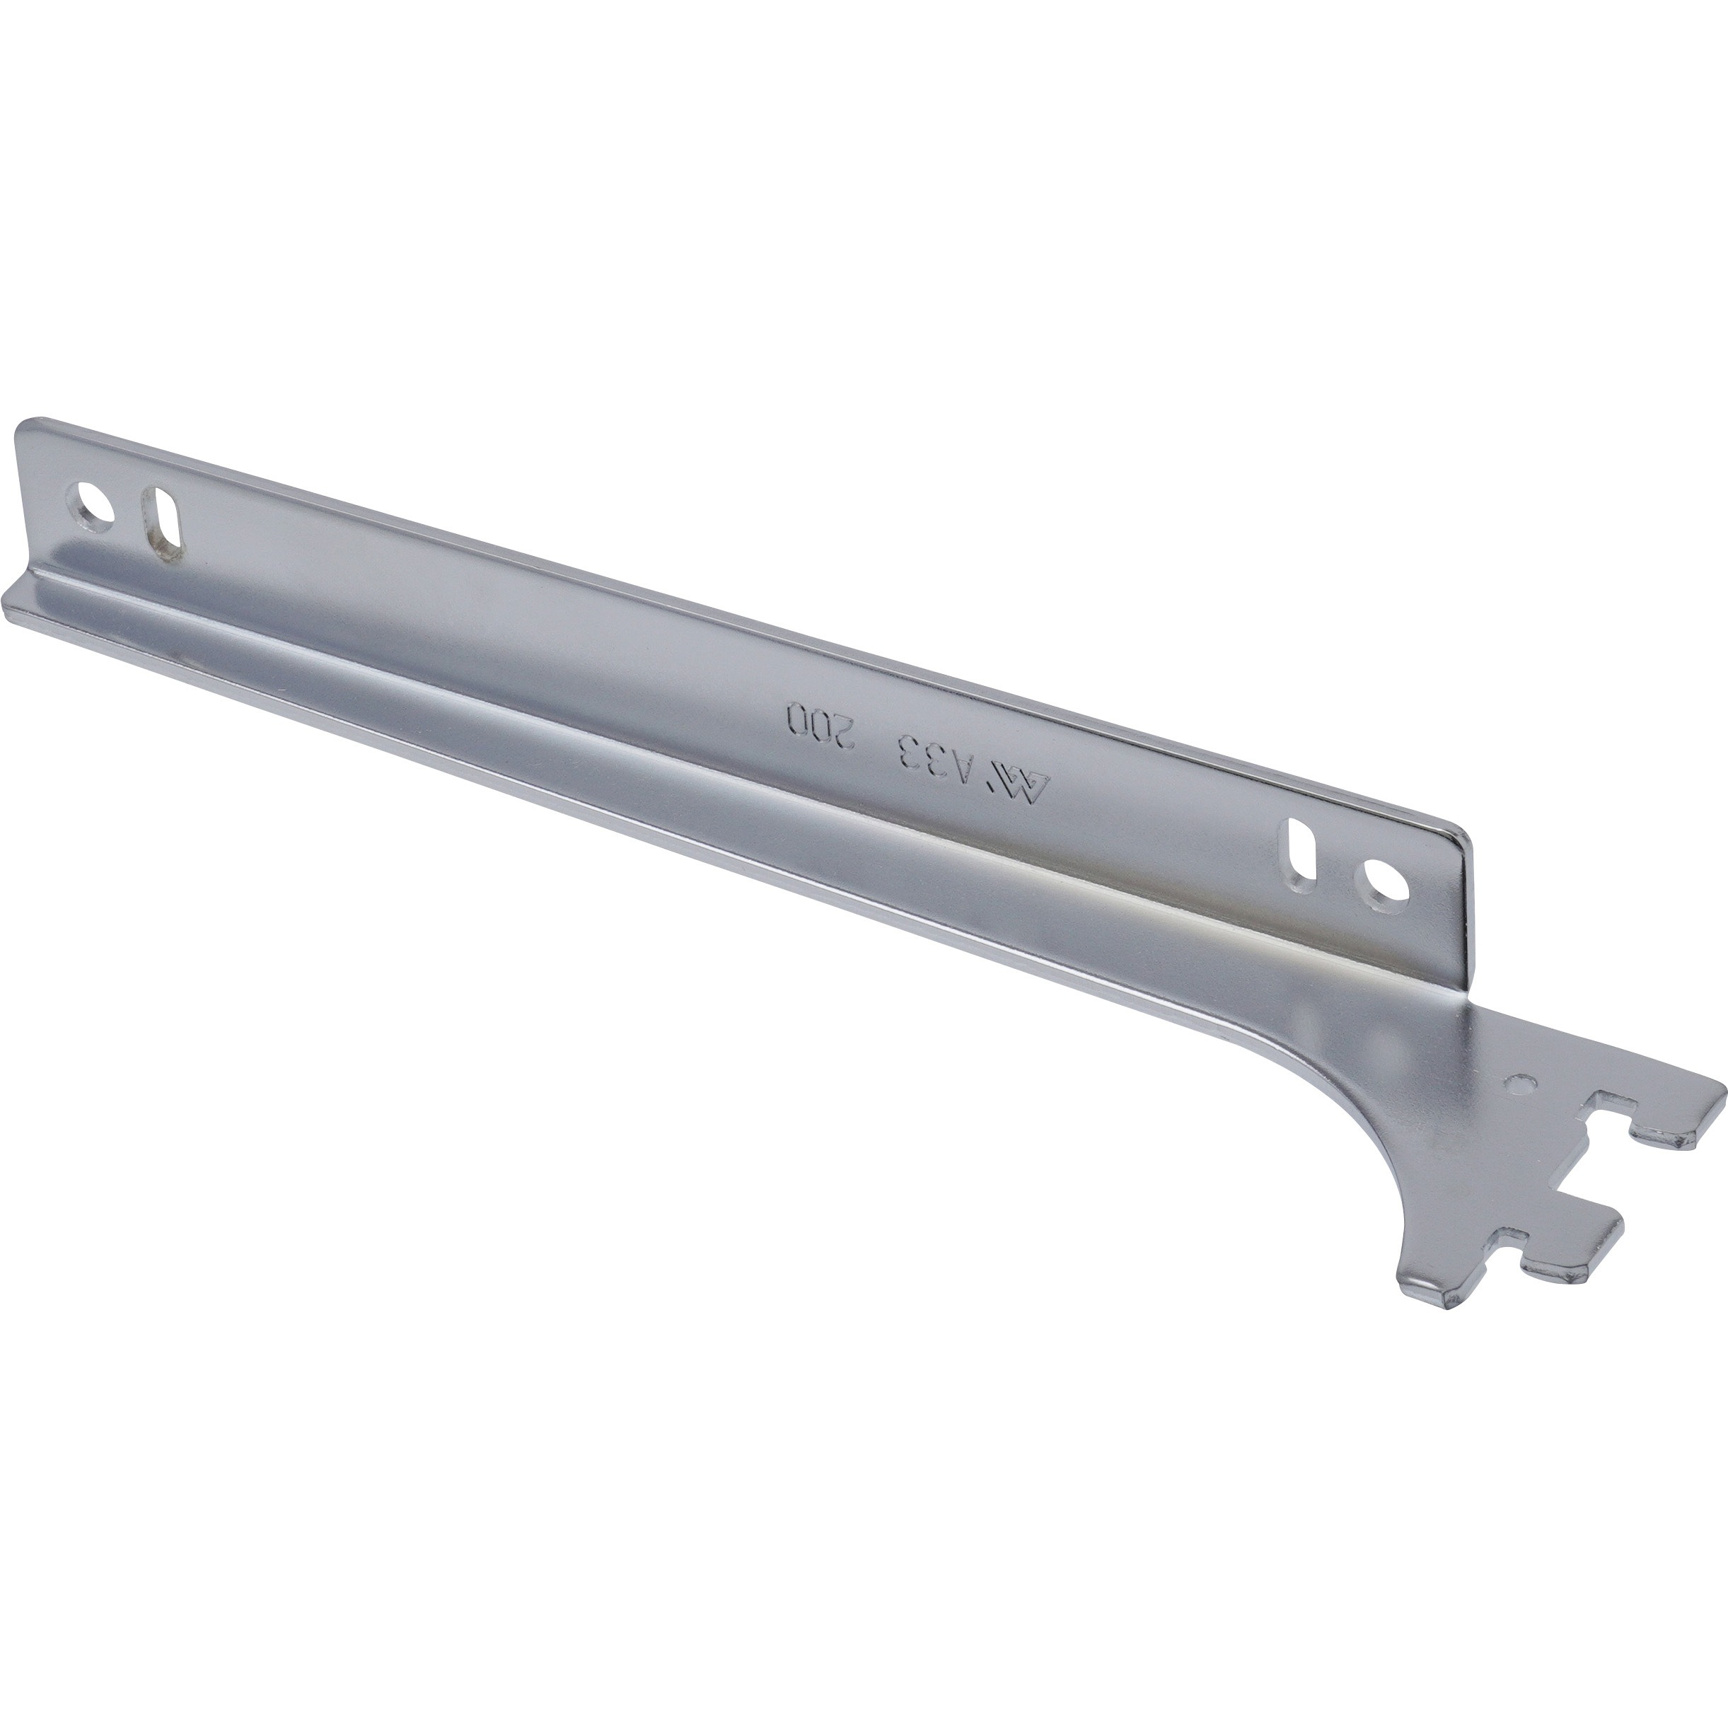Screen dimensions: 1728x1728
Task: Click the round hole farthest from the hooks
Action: click(95, 507)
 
